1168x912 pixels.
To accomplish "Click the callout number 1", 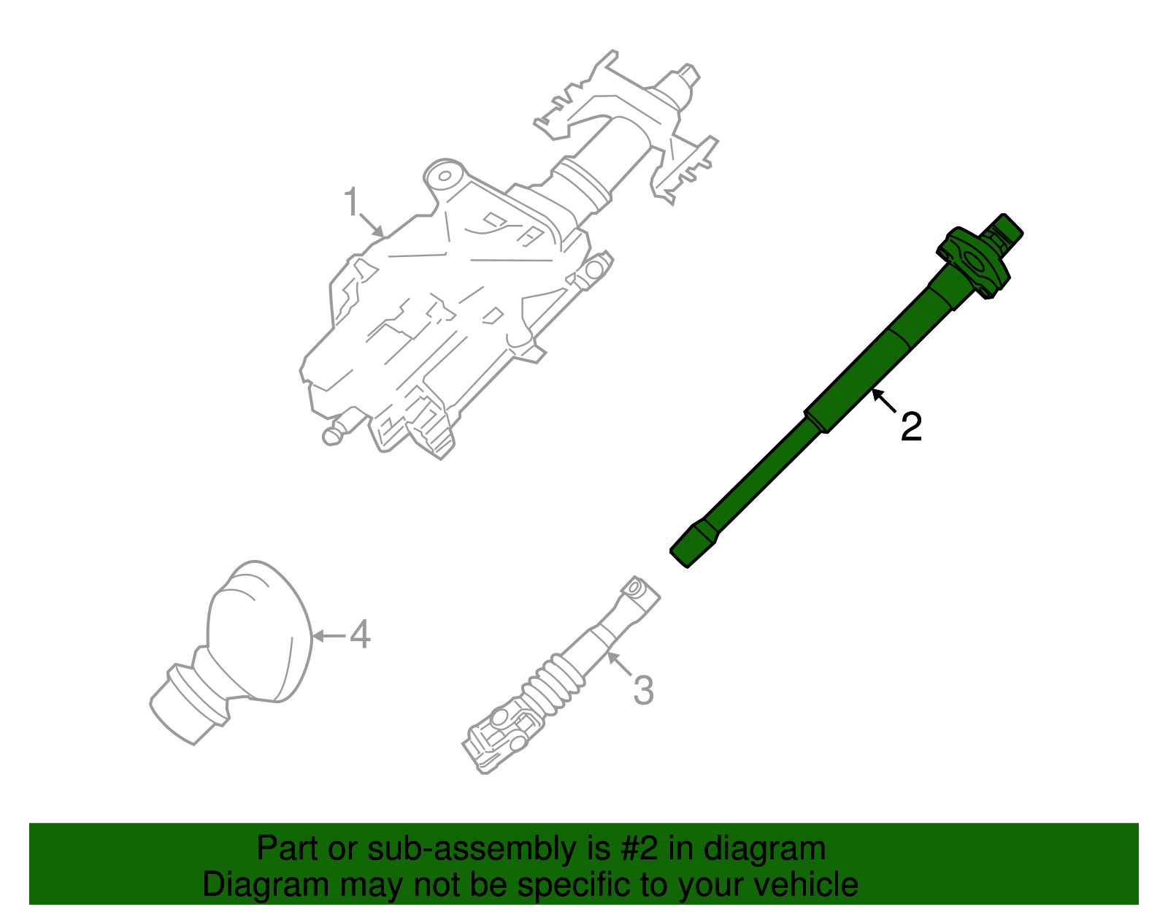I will pos(352,202).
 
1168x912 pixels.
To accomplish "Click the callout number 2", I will pos(911,427).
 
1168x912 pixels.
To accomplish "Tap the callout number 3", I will pos(642,690).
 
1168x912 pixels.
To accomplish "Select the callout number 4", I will pos(360,635).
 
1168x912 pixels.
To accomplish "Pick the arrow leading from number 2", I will pos(883,401).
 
